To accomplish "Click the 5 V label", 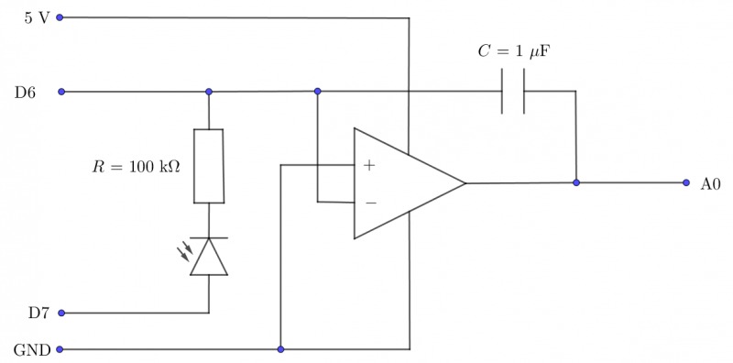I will point(37,17).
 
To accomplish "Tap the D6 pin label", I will point(25,92).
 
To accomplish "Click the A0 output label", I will point(710,183).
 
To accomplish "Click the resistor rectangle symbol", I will point(209,166).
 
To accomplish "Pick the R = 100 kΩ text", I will point(137,166).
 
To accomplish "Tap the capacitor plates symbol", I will point(513,91).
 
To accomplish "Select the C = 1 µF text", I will point(513,51).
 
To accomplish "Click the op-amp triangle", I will point(403,183).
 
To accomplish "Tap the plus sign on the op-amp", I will point(369,165).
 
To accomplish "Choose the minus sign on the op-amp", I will point(369,201).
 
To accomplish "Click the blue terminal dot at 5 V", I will point(61,17).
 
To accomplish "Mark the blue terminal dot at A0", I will point(685,182).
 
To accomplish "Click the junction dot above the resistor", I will point(209,92).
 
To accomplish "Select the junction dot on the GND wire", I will point(280,349).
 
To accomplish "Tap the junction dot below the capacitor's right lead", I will point(576,182).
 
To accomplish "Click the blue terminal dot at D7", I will point(61,313).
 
